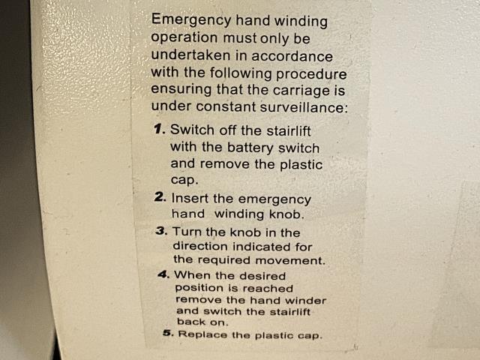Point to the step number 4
[x=163, y=274]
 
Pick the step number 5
[x=168, y=333]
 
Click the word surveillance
[x=304, y=107]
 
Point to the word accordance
[x=292, y=56]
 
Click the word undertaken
[x=190, y=55]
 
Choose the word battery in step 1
[x=250, y=148]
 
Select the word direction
[x=200, y=246]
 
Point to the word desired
[x=262, y=276]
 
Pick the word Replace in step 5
[x=202, y=334]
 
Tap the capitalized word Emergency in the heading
[x=191, y=20]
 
